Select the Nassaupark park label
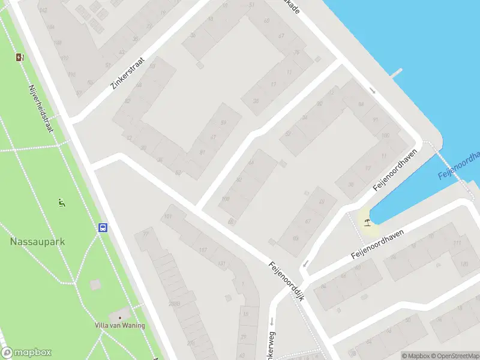coord(37,242)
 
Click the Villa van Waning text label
coord(119,326)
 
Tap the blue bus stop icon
coord(103,227)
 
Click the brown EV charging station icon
coord(20,58)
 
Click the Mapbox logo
coord(26,353)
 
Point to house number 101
coord(168,216)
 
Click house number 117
coord(203,250)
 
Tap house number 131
coord(221,263)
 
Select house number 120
coord(463,264)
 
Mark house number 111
coord(457,243)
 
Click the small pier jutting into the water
coord(395,73)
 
